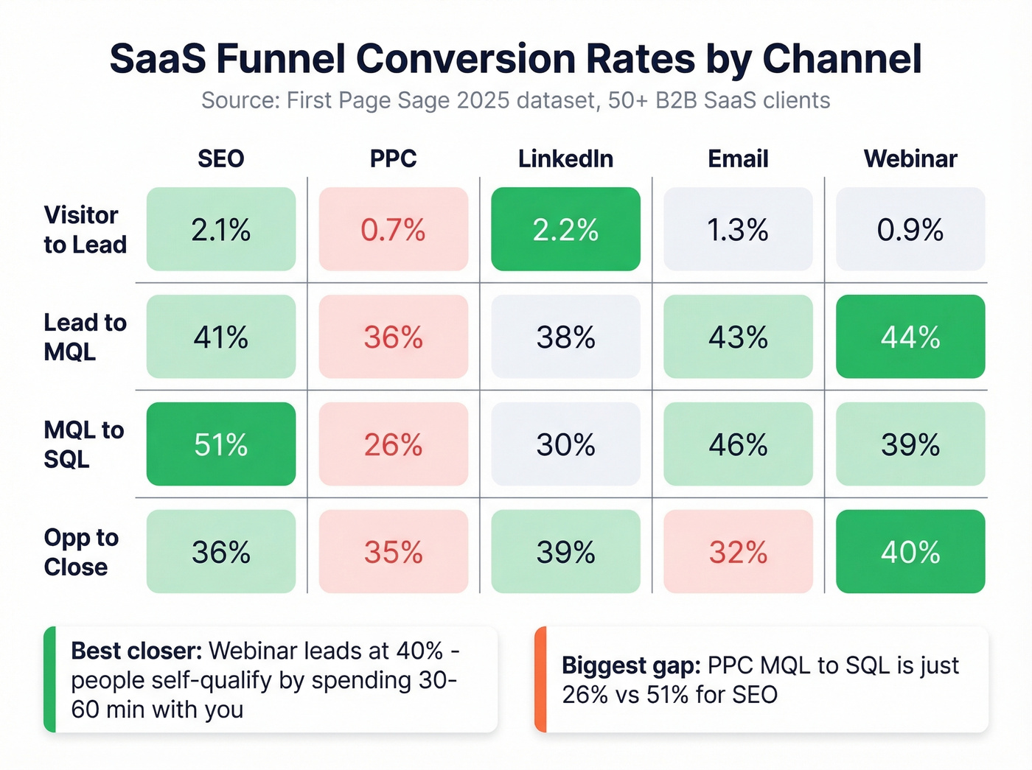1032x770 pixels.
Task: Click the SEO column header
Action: point(220,158)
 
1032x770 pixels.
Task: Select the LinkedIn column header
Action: point(565,158)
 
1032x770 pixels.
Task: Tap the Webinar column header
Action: point(910,158)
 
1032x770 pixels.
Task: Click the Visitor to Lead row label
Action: point(85,229)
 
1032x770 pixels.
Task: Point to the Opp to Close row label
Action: point(80,552)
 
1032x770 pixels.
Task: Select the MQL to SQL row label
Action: point(83,444)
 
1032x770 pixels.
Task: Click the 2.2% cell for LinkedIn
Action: point(565,229)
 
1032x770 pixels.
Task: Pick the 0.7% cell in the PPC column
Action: point(393,229)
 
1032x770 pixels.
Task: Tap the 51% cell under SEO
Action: point(220,444)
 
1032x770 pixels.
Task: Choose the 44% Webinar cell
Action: point(910,337)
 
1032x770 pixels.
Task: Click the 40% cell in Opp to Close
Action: point(910,552)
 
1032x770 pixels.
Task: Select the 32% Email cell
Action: point(738,552)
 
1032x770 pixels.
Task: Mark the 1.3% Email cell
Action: point(738,229)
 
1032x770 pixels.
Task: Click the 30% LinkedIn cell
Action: point(565,444)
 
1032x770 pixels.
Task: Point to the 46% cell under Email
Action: point(738,444)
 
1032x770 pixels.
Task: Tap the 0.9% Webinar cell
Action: point(910,229)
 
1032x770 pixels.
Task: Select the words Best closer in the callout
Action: point(136,651)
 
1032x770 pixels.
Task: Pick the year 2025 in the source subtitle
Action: point(483,100)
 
